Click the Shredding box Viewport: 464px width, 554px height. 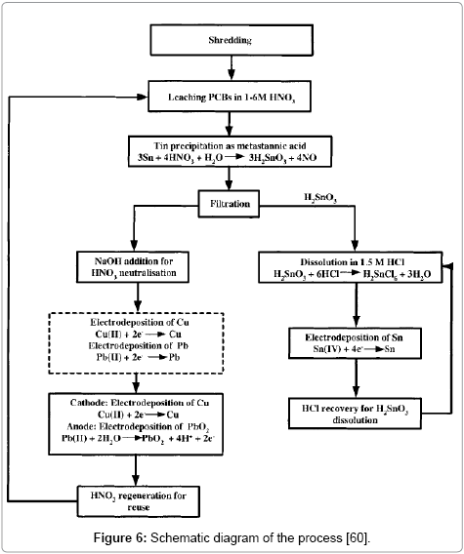[x=231, y=40]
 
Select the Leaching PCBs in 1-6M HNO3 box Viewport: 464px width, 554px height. [x=231, y=96]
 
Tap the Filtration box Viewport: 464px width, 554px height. [x=231, y=205]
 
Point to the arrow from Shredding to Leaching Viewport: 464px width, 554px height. [x=231, y=66]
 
